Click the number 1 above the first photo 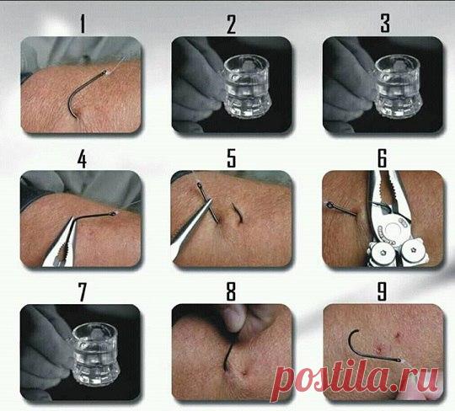[83, 24]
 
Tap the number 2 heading [231, 24]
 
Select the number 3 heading [385, 23]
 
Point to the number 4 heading [82, 159]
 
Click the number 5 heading [231, 158]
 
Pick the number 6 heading [383, 158]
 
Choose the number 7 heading [82, 292]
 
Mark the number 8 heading [231, 291]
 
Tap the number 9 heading [382, 291]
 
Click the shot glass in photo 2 [247, 87]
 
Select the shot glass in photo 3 [398, 87]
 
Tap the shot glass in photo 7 [95, 354]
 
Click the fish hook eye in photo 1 [104, 72]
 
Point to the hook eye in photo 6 [329, 205]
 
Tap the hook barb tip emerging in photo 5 [233, 204]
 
